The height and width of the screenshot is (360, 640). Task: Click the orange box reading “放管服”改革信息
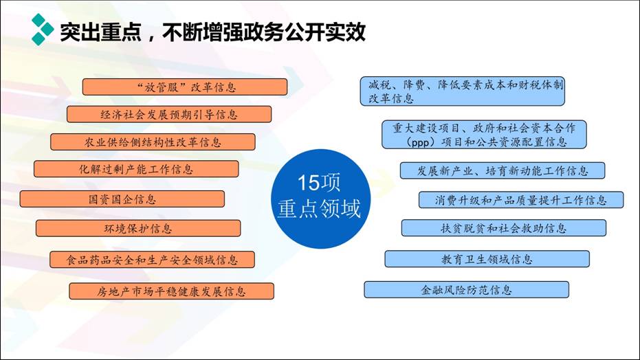185,87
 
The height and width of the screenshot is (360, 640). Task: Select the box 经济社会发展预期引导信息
169,114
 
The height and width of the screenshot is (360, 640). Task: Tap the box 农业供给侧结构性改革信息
153,142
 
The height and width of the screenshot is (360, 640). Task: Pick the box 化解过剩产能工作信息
136,169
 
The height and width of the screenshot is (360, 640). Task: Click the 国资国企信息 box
122,199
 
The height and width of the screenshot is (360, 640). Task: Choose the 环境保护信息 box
138,228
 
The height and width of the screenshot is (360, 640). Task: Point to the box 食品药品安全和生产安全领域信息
152,260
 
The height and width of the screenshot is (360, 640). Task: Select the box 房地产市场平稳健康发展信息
171,291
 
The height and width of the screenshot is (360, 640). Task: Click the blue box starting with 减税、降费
463,91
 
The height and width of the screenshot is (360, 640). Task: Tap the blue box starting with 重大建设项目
484,134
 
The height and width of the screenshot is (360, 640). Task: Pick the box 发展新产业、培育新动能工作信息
503,170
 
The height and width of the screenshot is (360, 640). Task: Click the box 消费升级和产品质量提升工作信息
521,200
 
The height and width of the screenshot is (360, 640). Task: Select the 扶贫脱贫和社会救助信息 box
504,228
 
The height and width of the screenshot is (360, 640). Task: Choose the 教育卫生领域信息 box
487,259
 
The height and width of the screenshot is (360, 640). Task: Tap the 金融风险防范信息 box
467,289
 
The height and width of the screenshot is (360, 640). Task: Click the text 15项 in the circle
319,183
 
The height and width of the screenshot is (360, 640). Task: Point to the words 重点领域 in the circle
319,208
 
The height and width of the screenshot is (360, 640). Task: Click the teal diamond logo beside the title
43,30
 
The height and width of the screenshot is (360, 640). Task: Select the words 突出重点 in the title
100,32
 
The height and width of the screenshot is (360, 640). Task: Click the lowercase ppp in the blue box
420,143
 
